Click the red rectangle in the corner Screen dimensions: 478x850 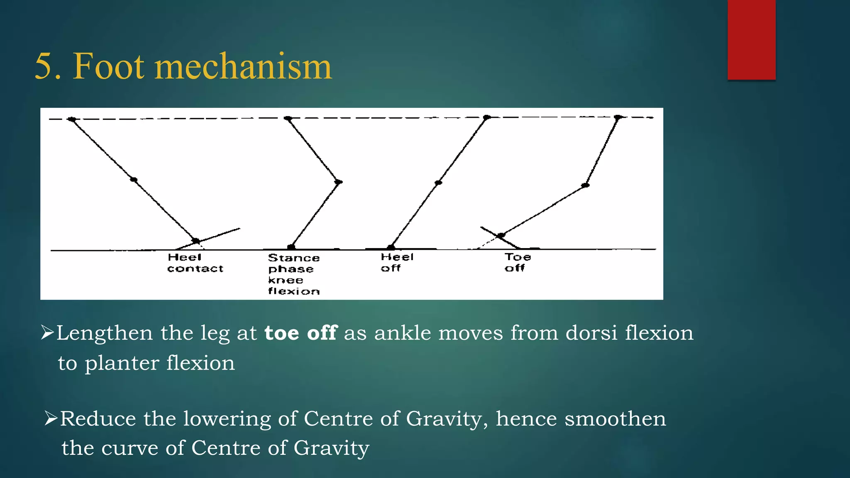click(x=751, y=40)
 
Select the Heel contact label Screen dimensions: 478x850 click(x=195, y=263)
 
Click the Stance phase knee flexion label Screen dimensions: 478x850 click(x=293, y=274)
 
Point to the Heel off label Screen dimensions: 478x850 click(x=397, y=263)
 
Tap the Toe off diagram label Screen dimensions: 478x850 click(x=517, y=263)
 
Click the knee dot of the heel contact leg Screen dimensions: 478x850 click(x=134, y=180)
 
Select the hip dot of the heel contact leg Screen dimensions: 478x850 click(x=72, y=119)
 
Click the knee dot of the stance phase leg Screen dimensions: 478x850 click(x=339, y=182)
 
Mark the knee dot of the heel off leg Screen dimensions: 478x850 click(x=438, y=183)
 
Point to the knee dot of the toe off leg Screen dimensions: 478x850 click(x=585, y=185)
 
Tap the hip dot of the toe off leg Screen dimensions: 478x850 click(x=618, y=117)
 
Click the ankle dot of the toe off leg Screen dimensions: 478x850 click(x=501, y=235)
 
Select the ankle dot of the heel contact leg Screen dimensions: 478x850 click(x=195, y=241)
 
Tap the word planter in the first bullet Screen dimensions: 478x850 click(x=122, y=363)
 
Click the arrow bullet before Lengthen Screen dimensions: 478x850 click(x=48, y=333)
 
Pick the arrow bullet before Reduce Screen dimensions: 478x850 click(x=51, y=418)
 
